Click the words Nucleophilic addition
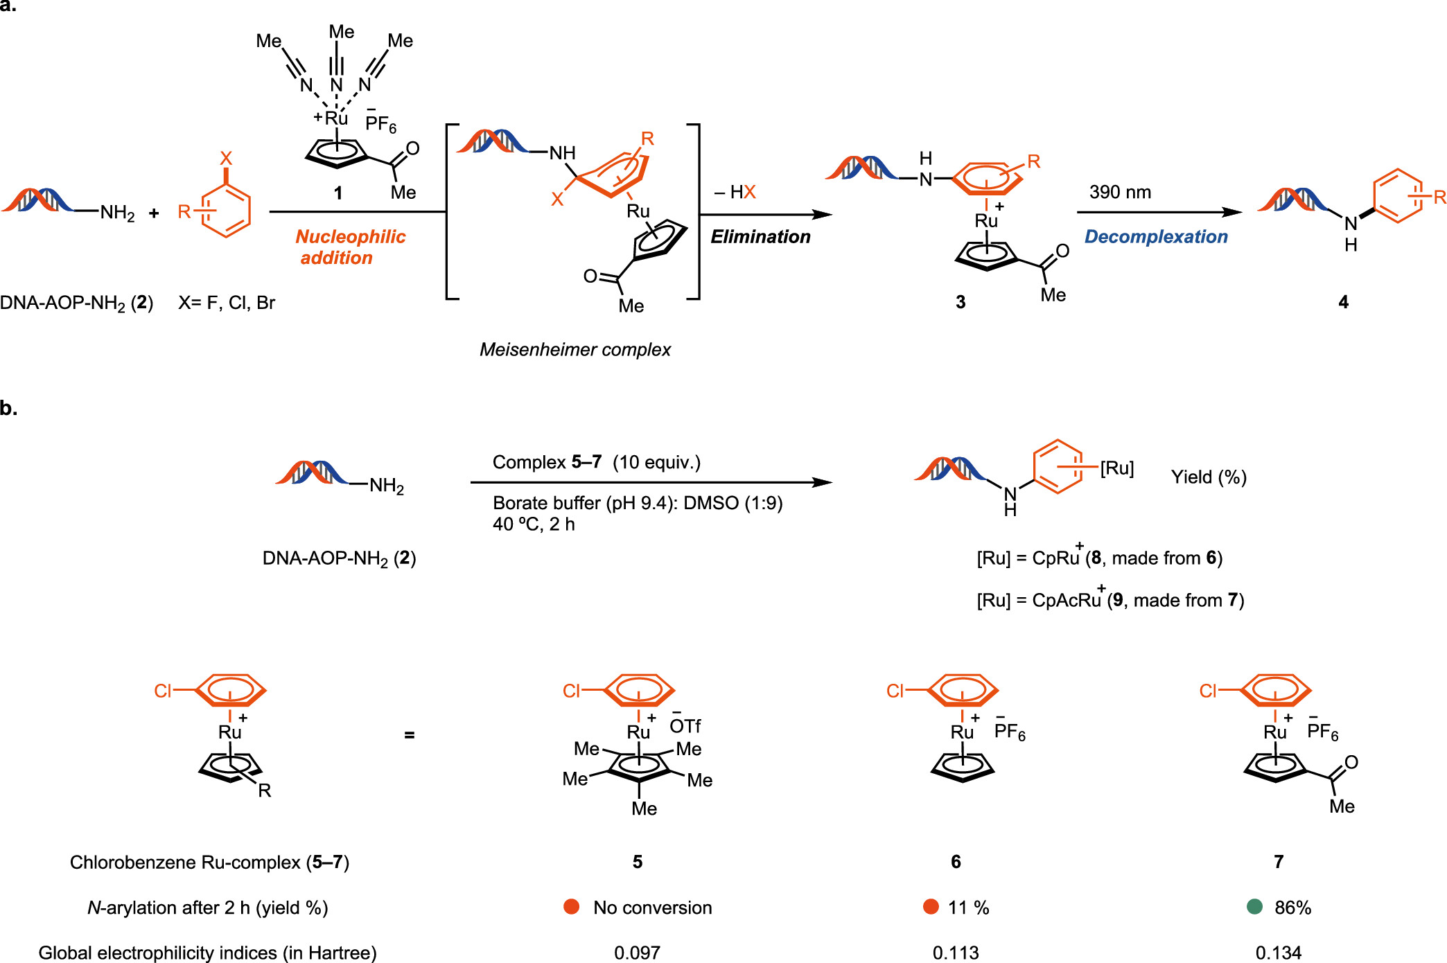tap(351, 247)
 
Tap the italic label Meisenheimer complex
tap(575, 350)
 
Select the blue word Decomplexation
tap(1156, 237)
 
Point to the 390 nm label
tap(1120, 192)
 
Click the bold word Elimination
tap(760, 237)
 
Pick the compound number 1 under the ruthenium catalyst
tap(338, 193)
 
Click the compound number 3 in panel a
tap(961, 302)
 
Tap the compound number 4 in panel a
tap(1343, 302)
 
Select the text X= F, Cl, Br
tap(227, 303)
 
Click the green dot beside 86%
tap(1254, 907)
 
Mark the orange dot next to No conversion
tap(572, 907)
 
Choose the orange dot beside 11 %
tap(931, 907)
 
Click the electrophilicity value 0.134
tap(1279, 953)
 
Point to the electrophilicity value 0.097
tap(637, 953)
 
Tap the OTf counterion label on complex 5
tap(685, 724)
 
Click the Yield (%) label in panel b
tap(1209, 477)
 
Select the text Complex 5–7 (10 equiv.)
tap(597, 462)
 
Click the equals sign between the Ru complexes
tap(410, 735)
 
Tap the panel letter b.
tap(8, 408)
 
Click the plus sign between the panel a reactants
tap(154, 213)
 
